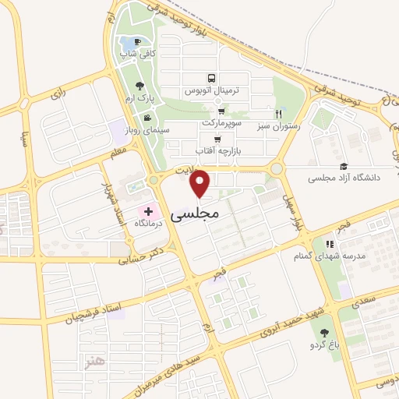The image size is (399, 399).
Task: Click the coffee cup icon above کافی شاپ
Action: point(138,41)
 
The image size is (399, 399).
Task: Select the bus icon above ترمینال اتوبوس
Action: point(210,79)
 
